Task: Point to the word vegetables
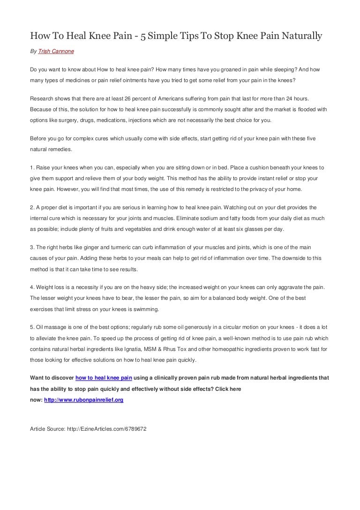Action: click(147, 229)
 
